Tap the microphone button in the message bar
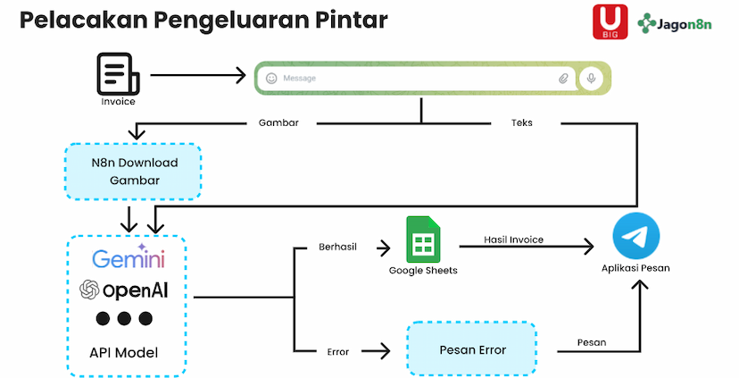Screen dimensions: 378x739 pos(590,79)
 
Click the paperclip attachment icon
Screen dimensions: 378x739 pos(563,79)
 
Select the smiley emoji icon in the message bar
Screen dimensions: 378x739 pos(271,79)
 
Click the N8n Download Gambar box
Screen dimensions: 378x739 pos(134,172)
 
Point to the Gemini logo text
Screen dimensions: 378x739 pos(128,258)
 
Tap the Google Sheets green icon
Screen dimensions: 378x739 pos(422,239)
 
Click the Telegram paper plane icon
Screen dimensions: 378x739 pos(635,237)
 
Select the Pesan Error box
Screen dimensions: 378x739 pos(471,349)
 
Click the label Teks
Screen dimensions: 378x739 pos(522,122)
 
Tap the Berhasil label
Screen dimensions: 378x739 pos(337,248)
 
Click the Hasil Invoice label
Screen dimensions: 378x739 pos(513,239)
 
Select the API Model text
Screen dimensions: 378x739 pos(124,352)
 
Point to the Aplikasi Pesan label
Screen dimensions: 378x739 pos(636,268)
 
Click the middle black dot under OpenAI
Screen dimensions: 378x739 pos(124,319)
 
